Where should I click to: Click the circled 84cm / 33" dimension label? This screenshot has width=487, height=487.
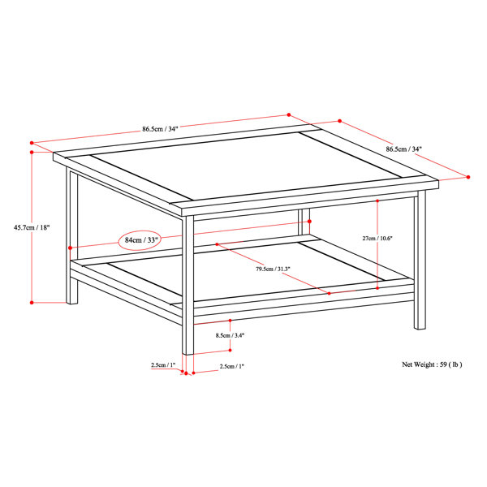tap(141, 240)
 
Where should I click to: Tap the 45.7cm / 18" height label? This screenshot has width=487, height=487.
tap(32, 227)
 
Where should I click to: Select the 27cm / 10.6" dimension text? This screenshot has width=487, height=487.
tap(377, 238)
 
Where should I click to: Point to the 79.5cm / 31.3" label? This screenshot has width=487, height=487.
tap(273, 269)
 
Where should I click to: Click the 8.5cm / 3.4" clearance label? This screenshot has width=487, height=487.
tap(231, 335)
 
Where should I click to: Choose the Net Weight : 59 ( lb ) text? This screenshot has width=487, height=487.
tap(432, 364)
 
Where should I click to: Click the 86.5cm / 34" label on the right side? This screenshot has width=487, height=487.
tap(404, 149)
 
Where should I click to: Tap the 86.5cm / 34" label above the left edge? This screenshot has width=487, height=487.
tap(160, 128)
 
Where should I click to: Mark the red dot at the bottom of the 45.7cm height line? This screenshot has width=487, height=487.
tap(32, 303)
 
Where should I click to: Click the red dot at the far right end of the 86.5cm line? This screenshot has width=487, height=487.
tap(468, 177)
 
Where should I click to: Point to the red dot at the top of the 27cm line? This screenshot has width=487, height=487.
tap(377, 201)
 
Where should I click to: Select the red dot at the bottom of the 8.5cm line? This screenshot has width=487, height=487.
tap(231, 350)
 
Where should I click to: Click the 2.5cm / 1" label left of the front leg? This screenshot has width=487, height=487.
tap(163, 365)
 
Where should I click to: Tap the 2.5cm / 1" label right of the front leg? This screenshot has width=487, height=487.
tap(232, 366)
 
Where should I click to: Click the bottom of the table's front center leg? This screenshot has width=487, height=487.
tap(188, 353)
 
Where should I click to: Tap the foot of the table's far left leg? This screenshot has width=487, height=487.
tap(72, 302)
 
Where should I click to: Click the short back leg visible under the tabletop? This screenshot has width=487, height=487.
tap(304, 222)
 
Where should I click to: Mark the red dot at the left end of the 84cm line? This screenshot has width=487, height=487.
tap(71, 248)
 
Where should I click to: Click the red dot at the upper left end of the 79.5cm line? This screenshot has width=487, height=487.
tap(217, 244)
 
